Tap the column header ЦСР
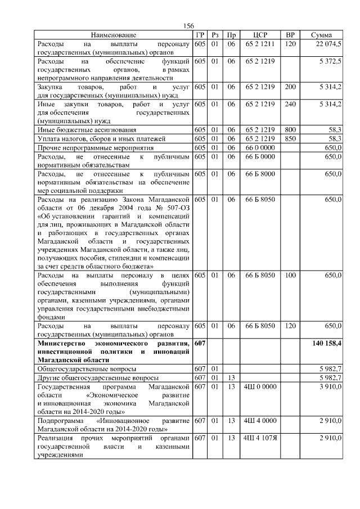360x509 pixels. [259, 35]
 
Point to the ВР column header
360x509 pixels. [290, 35]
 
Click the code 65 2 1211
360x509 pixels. [260, 43]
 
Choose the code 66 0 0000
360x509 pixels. [260, 147]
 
